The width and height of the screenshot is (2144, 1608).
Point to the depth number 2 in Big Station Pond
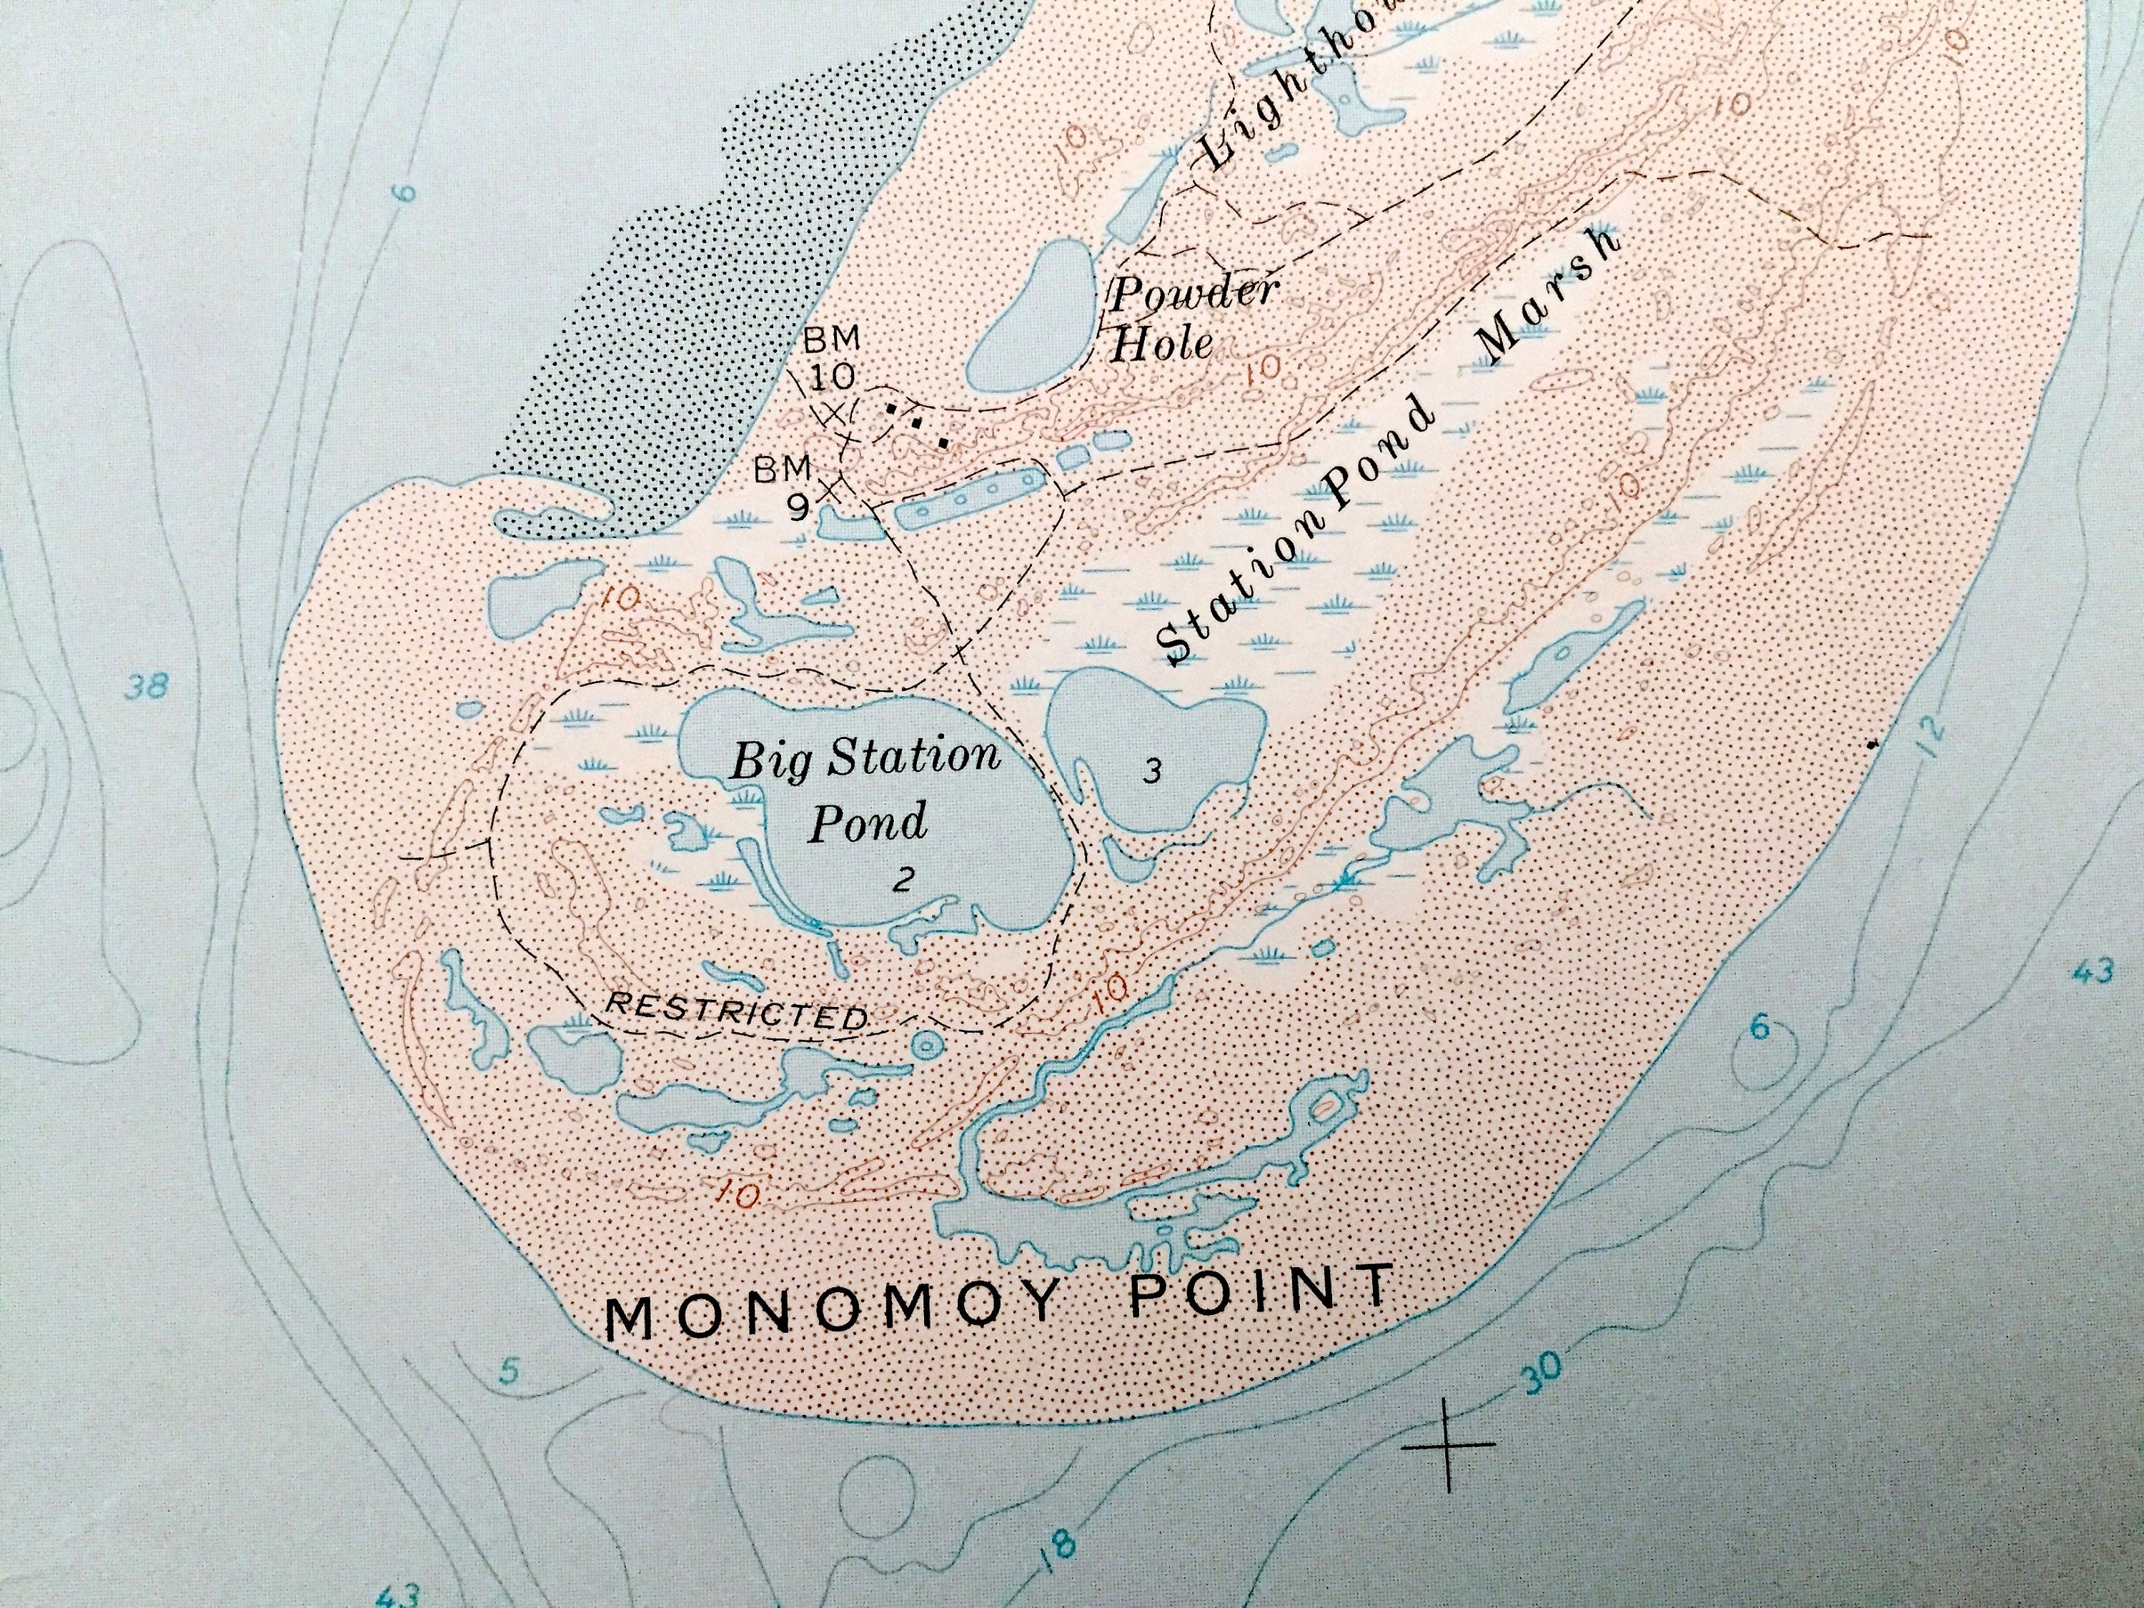[903, 880]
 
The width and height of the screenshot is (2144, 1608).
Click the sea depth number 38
[147, 688]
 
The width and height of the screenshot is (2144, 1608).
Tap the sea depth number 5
[510, 1372]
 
